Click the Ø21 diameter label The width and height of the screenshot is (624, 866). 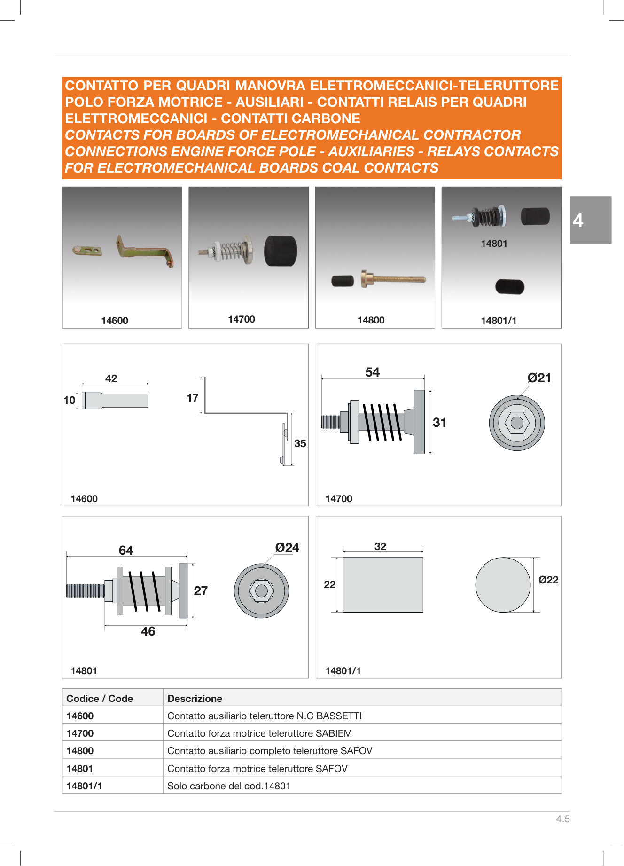(539, 378)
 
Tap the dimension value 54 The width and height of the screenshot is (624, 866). (372, 372)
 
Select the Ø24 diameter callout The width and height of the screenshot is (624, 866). (287, 547)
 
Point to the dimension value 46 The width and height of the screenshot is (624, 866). (148, 631)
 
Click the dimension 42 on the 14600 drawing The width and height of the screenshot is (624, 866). (111, 378)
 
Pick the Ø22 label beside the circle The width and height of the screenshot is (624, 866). (548, 580)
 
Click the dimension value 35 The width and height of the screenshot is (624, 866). (300, 443)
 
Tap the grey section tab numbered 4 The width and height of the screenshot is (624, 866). (590, 220)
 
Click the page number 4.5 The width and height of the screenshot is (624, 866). (562, 819)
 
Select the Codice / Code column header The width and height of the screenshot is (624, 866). (100, 698)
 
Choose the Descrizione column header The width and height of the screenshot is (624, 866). (195, 698)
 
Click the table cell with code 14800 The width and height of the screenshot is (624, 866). (80, 751)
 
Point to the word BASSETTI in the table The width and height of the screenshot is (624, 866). (339, 716)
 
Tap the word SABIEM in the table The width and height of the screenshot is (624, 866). (334, 733)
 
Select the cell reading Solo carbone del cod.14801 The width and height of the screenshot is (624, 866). (229, 786)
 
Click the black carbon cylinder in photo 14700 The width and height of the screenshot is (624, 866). (280, 251)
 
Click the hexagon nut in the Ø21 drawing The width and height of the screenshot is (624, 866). (517, 423)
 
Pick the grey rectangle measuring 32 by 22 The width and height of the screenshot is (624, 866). (382, 585)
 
